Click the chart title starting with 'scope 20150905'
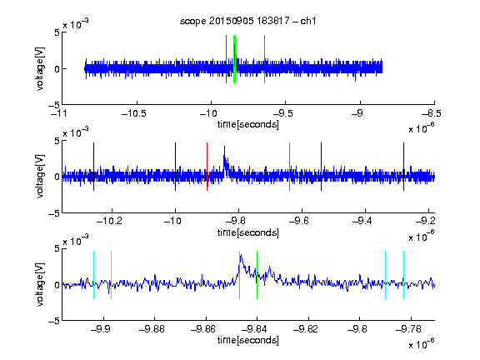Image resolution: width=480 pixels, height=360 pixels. pyautogui.click(x=247, y=21)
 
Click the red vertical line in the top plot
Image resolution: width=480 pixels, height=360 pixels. pyautogui.click(x=226, y=59)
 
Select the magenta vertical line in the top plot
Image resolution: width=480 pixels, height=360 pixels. pyautogui.click(x=264, y=59)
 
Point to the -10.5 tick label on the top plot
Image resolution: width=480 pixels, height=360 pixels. pyautogui.click(x=134, y=113)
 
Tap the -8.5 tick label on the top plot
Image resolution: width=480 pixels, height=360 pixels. pyautogui.click(x=432, y=113)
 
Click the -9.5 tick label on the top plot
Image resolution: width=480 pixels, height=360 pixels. pyautogui.click(x=282, y=113)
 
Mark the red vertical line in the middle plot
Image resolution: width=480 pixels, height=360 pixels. pyautogui.click(x=207, y=167)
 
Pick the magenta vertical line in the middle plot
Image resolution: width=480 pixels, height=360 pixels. pyautogui.click(x=290, y=167)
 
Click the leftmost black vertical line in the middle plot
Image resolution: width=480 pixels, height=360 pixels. pyautogui.click(x=93, y=167)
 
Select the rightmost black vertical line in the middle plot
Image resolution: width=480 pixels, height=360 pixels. pyautogui.click(x=403, y=167)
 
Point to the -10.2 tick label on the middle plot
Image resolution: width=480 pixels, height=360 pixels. pyautogui.click(x=109, y=221)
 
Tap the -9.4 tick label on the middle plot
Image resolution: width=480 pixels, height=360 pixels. pyautogui.click(x=362, y=221)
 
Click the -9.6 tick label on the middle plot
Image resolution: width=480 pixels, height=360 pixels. pyautogui.click(x=299, y=221)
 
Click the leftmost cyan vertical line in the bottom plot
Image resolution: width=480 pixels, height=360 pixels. pyautogui.click(x=93, y=275)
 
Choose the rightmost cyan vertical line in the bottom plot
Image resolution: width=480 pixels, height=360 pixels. pyautogui.click(x=403, y=275)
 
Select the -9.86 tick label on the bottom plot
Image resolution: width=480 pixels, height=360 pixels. pyautogui.click(x=203, y=329)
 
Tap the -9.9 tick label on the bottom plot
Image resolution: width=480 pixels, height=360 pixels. pyautogui.click(x=101, y=329)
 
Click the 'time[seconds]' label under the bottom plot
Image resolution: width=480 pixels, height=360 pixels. pyautogui.click(x=248, y=340)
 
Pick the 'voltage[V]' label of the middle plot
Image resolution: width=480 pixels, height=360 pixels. pyautogui.click(x=40, y=176)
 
